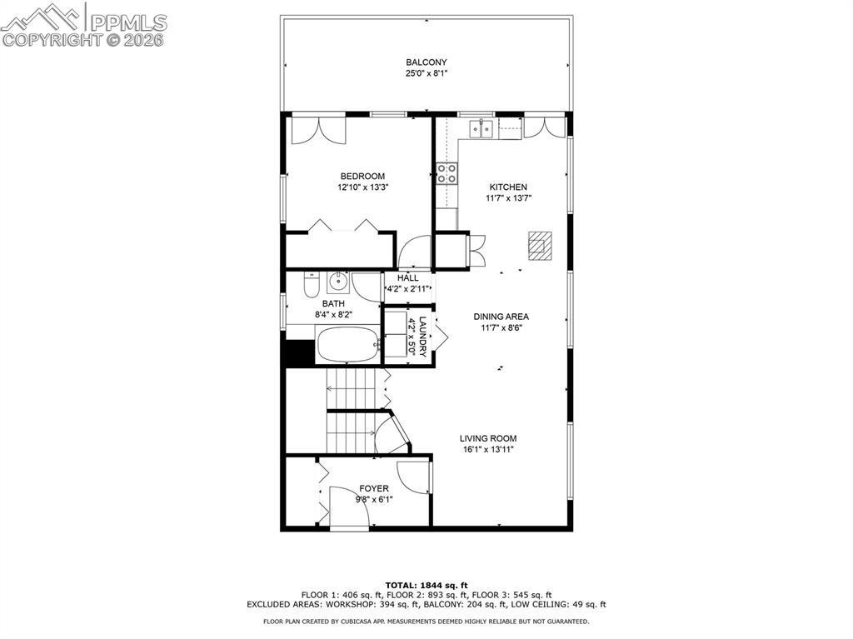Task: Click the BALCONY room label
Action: pyautogui.click(x=426, y=62)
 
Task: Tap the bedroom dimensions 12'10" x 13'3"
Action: pyautogui.click(x=362, y=187)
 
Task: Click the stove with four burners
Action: pyautogui.click(x=447, y=173)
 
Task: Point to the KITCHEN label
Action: pyautogui.click(x=507, y=187)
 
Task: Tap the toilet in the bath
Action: pyautogui.click(x=311, y=286)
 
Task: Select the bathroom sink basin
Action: pyautogui.click(x=337, y=280)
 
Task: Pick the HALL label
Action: pyautogui.click(x=407, y=278)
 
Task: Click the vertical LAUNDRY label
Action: pyautogui.click(x=422, y=333)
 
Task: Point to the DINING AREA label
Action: pyautogui.click(x=501, y=317)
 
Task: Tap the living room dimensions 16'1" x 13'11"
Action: pyautogui.click(x=488, y=450)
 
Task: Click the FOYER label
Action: pyautogui.click(x=373, y=489)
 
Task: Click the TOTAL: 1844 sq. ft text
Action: pyautogui.click(x=426, y=585)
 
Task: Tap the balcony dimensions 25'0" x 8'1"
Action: pyautogui.click(x=426, y=73)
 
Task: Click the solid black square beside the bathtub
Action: pyautogui.click(x=298, y=352)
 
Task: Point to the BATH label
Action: pyautogui.click(x=333, y=304)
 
